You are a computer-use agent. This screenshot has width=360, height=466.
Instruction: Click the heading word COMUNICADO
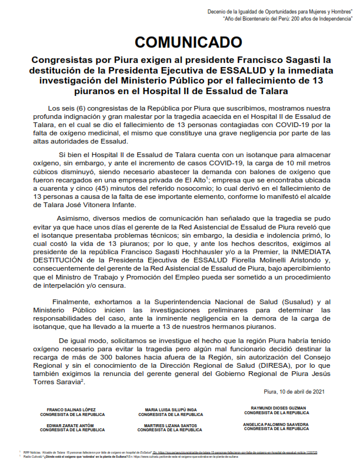(x=180, y=42)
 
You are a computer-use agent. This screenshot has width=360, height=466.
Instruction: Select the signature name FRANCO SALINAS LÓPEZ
(x=72, y=410)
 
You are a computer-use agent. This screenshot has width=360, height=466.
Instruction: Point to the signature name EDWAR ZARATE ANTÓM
(x=72, y=425)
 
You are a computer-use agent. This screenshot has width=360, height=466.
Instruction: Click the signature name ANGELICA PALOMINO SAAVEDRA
(x=278, y=424)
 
